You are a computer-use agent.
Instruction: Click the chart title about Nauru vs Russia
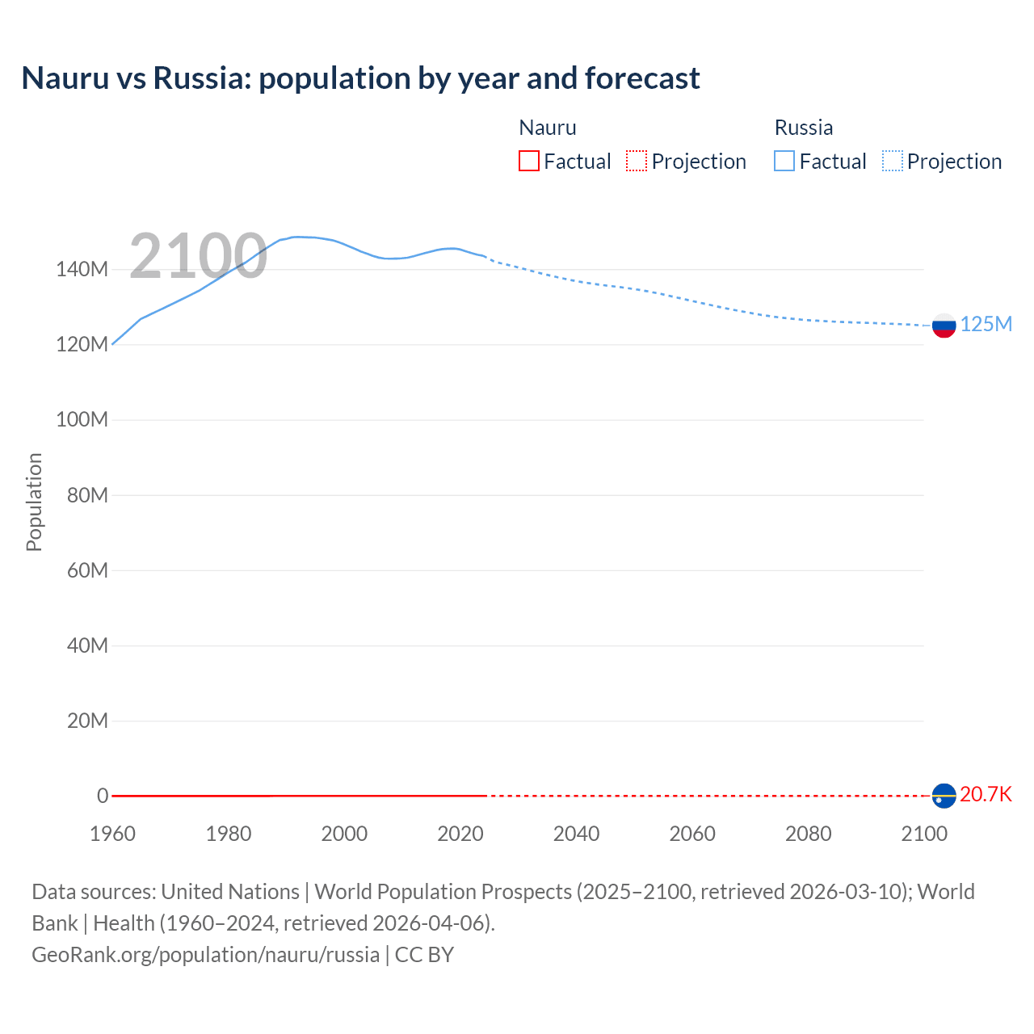360,78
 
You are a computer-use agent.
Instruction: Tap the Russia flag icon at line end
944,326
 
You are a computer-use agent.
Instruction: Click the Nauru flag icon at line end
944,796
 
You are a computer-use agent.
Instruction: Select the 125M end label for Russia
986,324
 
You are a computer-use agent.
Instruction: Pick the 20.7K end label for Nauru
986,794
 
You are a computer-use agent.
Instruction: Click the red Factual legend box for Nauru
529,162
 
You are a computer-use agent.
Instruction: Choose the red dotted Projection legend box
637,162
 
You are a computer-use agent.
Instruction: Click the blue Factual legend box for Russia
784,162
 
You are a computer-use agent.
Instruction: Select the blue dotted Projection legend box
893,162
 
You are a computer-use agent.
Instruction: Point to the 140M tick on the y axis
82,269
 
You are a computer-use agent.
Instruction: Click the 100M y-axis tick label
82,419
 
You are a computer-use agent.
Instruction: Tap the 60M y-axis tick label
87,570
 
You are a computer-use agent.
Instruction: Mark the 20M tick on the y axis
87,721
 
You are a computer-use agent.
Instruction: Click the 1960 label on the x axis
112,834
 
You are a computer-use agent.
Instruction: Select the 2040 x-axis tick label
576,834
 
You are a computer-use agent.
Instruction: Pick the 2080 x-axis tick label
808,834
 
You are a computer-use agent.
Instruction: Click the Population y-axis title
34,502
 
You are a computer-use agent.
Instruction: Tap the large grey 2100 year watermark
198,256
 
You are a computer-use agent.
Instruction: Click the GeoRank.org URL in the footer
205,955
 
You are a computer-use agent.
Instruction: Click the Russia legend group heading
803,128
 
